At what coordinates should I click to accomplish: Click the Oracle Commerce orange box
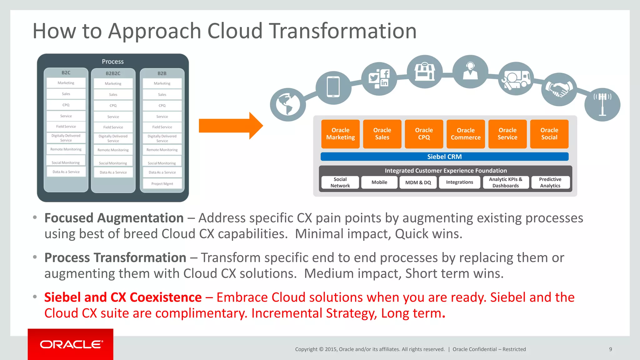pos(466,134)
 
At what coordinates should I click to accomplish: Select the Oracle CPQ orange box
pos(424,134)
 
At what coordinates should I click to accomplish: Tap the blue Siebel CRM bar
pos(444,157)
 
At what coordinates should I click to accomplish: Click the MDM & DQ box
pos(418,182)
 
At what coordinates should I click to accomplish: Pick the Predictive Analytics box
pos(550,182)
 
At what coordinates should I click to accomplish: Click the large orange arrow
pos(231,126)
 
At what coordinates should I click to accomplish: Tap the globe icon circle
pos(287,105)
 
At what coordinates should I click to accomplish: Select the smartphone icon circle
pos(333,87)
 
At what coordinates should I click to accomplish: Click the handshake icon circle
pos(559,89)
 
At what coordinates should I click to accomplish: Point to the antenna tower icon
pos(602,104)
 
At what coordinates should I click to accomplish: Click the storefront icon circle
pos(424,72)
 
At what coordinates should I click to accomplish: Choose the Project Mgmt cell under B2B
pos(162,184)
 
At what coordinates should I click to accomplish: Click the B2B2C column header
pos(113,73)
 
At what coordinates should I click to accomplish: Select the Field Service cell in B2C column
pos(66,127)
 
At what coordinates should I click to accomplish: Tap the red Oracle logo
pos(71,344)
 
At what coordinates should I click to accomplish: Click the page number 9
pos(610,349)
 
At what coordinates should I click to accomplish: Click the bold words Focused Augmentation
pos(114,218)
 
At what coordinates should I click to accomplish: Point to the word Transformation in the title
pos(343,31)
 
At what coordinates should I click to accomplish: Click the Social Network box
pos(340,182)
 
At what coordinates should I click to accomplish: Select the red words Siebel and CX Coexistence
pos(123,297)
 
